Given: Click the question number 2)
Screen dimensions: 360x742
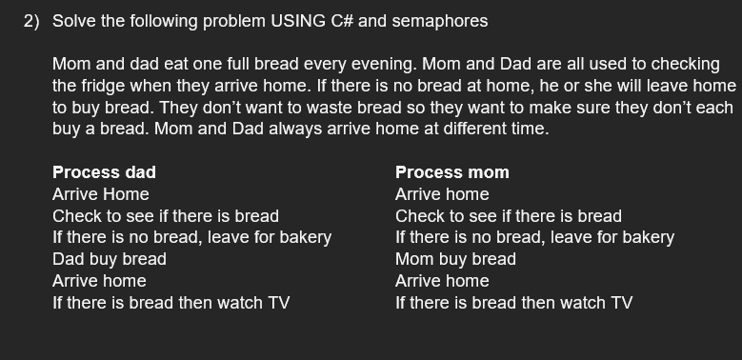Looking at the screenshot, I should [32, 21].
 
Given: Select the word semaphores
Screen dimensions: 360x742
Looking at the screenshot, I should [443, 21].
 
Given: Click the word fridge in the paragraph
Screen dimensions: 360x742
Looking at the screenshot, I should [105, 86].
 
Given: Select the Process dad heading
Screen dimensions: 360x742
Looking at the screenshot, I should [104, 172].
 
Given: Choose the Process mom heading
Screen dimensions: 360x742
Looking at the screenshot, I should [451, 172].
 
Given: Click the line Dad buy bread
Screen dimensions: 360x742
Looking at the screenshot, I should [109, 259].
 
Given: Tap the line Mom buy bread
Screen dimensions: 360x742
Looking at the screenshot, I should [455, 259].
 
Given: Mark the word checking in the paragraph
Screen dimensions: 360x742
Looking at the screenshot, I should [684, 64].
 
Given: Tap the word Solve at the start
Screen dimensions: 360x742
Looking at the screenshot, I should [72, 21].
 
